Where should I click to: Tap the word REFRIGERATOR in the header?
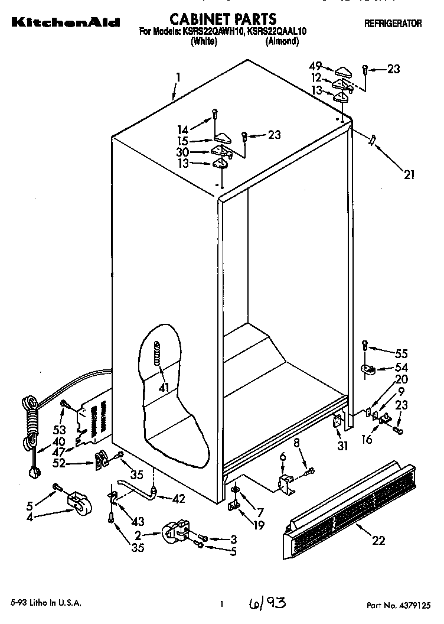[393, 24]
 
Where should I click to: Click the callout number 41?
[164, 388]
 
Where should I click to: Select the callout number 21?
[409, 174]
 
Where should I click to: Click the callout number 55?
[401, 354]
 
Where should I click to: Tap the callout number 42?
[179, 498]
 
